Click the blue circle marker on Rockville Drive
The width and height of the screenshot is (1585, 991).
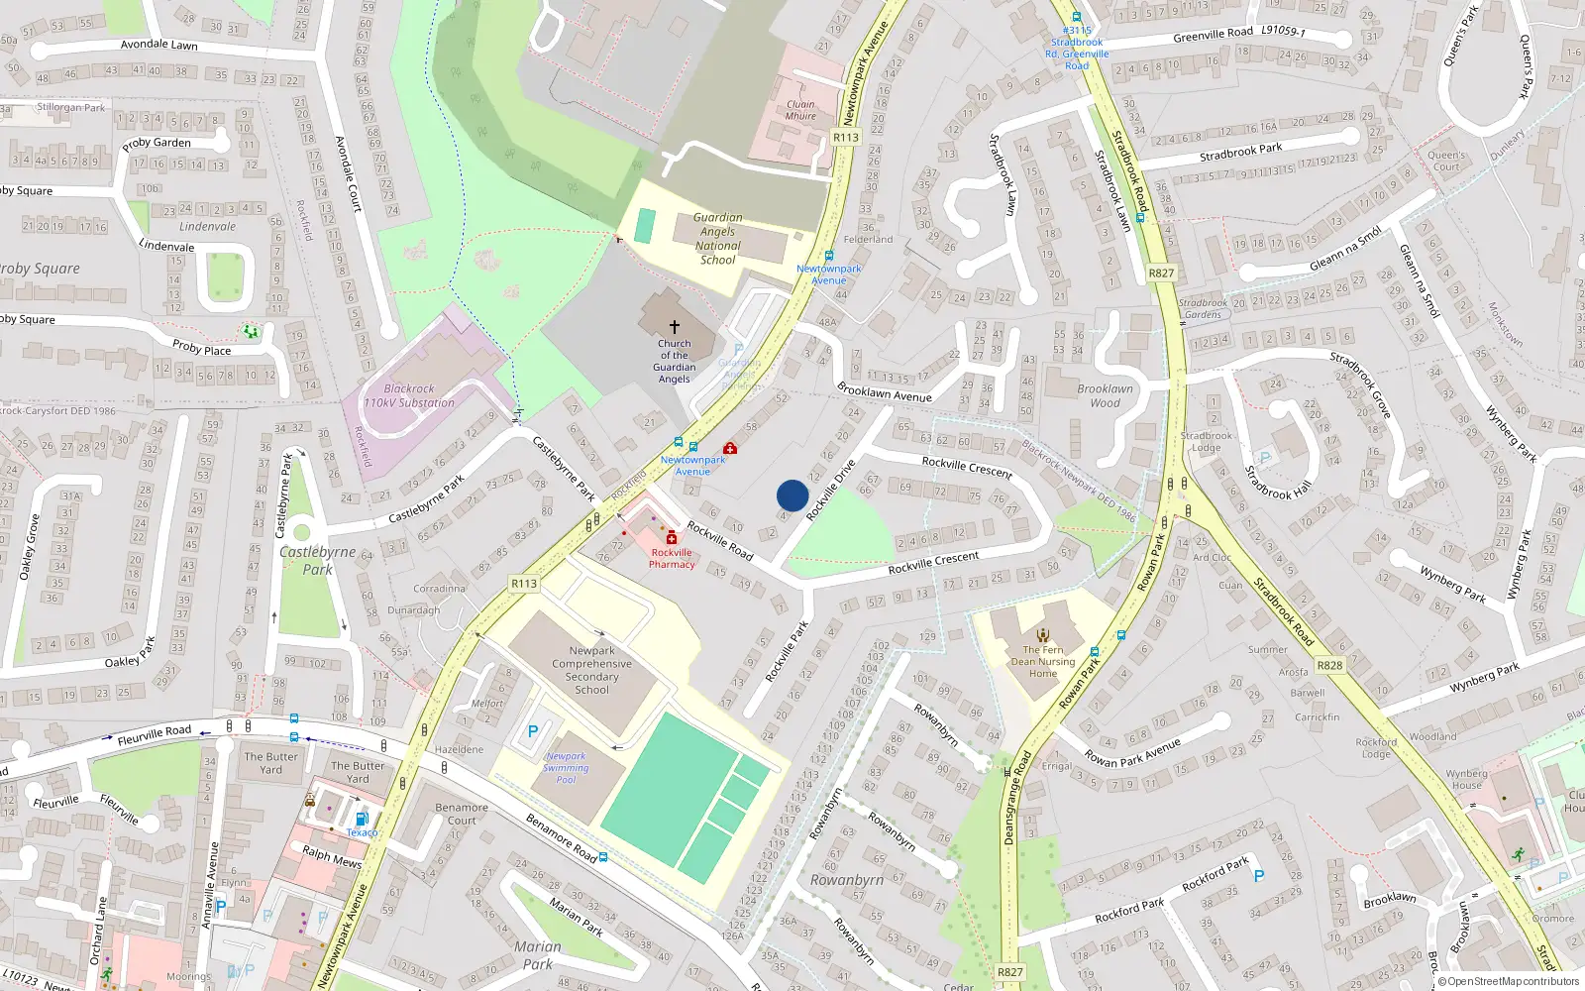coord(792,495)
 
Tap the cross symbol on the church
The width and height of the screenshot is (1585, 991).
coord(675,327)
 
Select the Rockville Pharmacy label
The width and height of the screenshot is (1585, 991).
coord(672,558)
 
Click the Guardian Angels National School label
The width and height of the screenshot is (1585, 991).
coord(717,239)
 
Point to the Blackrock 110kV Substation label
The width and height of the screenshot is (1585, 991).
coord(409,396)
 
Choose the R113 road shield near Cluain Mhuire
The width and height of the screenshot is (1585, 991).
coord(846,138)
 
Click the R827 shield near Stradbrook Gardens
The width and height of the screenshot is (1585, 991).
coord(1161,274)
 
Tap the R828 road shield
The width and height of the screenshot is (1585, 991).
coord(1329,665)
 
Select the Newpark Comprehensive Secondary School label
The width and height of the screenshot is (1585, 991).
coord(591,670)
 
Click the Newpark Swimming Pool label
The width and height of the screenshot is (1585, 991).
coord(566,768)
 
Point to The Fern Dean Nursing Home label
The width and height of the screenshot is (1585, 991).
coord(1042,661)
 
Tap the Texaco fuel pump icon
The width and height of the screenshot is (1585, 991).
coord(362,819)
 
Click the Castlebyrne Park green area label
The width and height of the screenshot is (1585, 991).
coord(317,560)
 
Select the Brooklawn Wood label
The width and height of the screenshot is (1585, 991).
coord(1105,395)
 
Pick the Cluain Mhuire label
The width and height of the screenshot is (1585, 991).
coord(800,110)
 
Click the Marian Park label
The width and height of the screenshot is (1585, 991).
coord(537,955)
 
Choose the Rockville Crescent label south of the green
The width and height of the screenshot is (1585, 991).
coord(933,562)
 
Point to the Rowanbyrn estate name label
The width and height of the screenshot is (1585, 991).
coord(846,880)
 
